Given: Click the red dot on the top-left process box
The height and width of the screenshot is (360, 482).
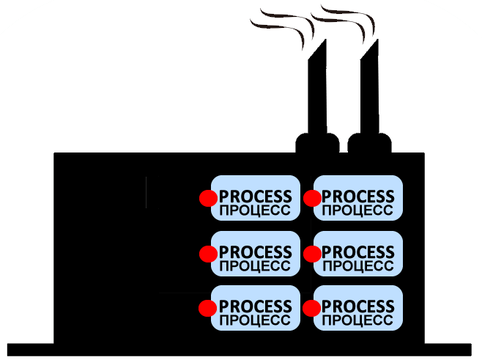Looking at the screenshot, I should [208, 198].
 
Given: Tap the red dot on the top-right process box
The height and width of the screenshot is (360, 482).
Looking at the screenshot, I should [312, 198].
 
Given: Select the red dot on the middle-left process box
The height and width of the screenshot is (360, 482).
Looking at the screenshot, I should [208, 254].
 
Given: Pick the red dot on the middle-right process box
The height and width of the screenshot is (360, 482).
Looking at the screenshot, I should [312, 254].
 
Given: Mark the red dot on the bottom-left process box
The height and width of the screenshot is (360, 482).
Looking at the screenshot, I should [208, 308].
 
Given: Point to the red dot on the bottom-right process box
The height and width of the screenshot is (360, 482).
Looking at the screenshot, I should [312, 308].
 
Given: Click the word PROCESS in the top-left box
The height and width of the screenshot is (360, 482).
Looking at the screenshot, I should [256, 196].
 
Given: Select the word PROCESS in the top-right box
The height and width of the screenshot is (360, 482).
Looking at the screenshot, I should [358, 196].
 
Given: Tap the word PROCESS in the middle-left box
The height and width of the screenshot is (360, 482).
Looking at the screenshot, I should [256, 251].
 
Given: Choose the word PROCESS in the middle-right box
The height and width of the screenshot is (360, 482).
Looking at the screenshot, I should [358, 251].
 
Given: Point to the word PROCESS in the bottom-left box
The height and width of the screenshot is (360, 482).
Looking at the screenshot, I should [256, 306].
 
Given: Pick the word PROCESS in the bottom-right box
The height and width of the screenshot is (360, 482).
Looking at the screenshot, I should [358, 306].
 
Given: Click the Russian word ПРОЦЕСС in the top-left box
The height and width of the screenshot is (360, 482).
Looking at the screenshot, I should [256, 210].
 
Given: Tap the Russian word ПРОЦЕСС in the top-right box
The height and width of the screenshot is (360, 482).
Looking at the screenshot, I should [358, 210].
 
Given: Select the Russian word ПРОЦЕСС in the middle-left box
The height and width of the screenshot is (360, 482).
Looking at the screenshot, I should [256, 265].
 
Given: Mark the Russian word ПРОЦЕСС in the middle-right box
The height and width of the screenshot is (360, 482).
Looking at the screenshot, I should [358, 265].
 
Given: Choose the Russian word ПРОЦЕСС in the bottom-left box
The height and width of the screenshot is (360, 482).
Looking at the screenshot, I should [256, 320].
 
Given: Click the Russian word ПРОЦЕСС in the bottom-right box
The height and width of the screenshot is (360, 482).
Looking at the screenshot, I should [358, 320].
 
